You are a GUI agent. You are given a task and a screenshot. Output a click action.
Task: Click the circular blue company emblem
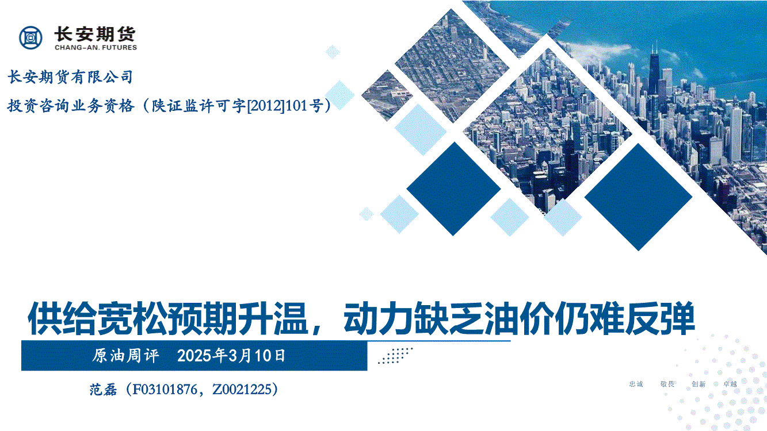(x=31, y=37)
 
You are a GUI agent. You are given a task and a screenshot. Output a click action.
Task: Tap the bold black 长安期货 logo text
(x=95, y=34)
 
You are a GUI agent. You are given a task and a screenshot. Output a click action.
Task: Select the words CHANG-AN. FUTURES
(x=96, y=48)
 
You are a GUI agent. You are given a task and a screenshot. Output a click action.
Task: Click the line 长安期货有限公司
(x=70, y=76)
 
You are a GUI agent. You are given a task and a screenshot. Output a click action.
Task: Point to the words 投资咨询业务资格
(x=71, y=106)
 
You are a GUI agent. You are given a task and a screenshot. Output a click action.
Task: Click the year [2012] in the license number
(x=266, y=106)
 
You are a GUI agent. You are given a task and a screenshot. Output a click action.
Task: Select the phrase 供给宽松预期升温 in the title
(x=168, y=319)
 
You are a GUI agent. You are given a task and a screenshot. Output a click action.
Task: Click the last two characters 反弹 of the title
(x=660, y=319)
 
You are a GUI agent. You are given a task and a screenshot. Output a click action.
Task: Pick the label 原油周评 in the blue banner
(x=125, y=356)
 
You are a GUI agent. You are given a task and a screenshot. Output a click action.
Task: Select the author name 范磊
(x=104, y=390)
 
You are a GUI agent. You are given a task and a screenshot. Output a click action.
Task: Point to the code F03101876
(x=165, y=390)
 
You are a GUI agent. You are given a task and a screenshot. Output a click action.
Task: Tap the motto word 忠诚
(x=636, y=384)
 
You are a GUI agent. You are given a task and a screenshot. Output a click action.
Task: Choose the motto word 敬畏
(x=667, y=384)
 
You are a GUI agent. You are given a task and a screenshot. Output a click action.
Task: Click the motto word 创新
(x=699, y=384)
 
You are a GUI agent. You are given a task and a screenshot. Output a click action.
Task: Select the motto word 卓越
(x=730, y=384)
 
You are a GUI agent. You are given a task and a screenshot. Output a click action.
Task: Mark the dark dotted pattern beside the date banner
(x=395, y=356)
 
